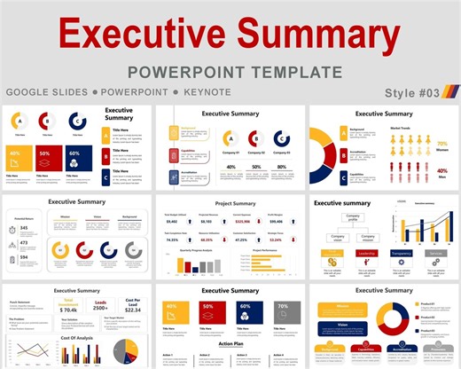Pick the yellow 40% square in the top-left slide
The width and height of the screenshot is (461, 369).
[17, 157]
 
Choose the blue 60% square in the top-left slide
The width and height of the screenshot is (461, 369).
[74, 157]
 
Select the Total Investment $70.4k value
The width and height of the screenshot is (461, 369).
[68, 309]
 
